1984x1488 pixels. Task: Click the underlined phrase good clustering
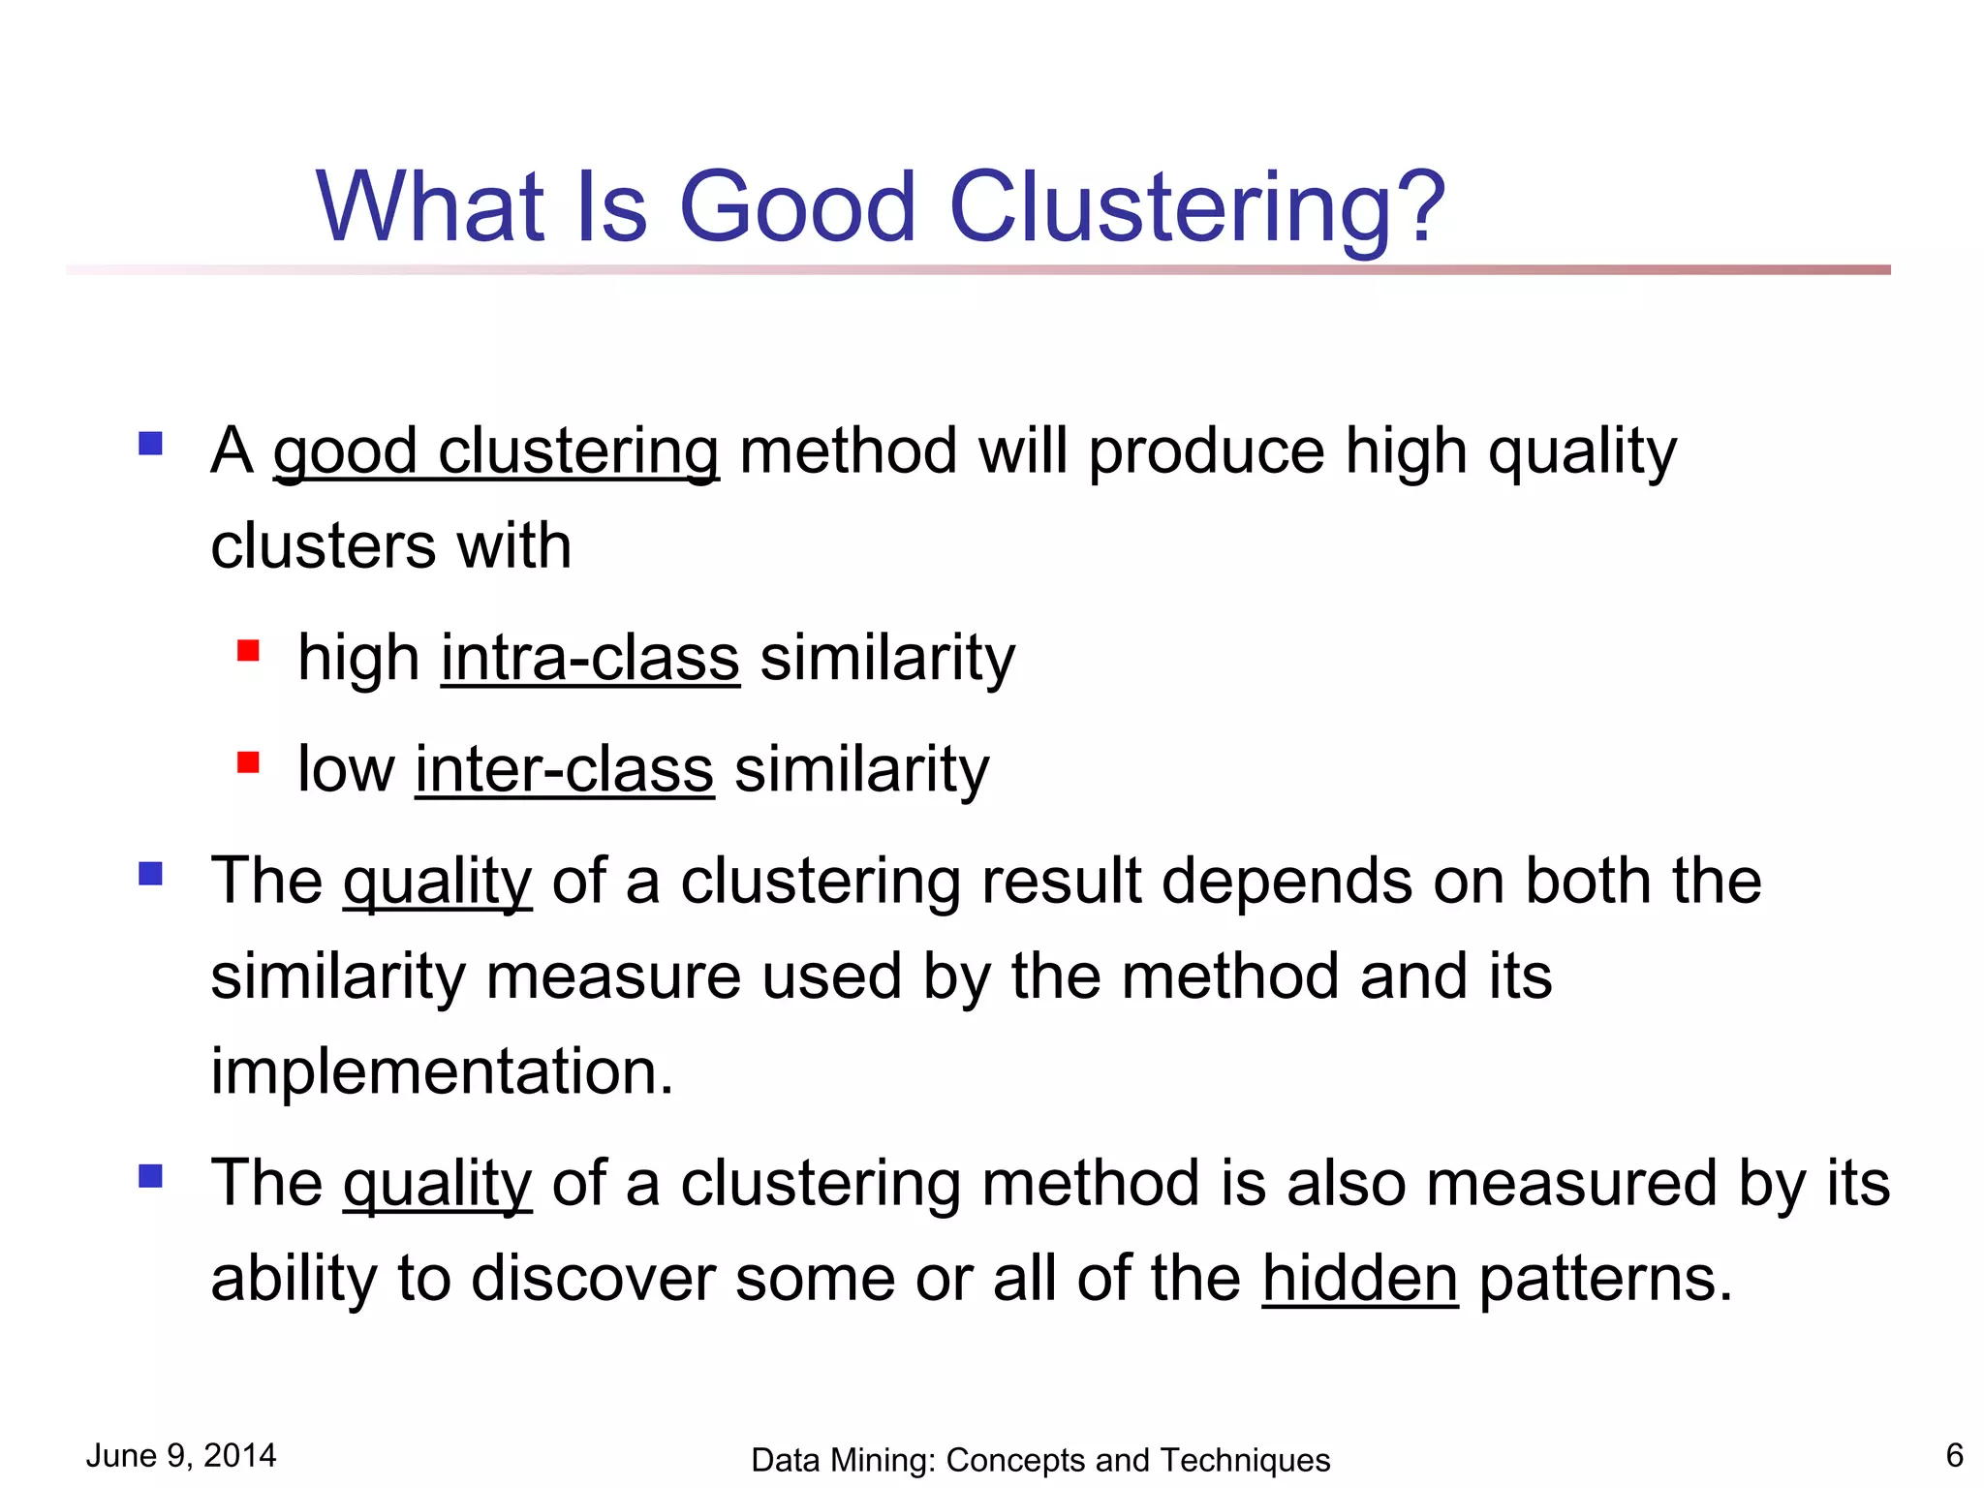tap(495, 452)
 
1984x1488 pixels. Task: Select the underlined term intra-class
tap(590, 659)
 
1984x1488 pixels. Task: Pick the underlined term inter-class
tap(564, 770)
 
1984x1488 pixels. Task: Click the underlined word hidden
tap(1359, 1279)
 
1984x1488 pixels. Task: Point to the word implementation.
tap(442, 1072)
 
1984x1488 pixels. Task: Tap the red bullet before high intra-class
tap(248, 650)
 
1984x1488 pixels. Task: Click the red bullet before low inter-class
tap(248, 762)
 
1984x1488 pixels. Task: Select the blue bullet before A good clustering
tap(150, 444)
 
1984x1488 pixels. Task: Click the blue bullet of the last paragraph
tap(150, 1176)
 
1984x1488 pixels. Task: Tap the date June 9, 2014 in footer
tap(181, 1455)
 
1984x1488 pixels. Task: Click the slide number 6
tap(1954, 1455)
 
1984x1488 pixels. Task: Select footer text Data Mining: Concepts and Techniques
tap(1040, 1460)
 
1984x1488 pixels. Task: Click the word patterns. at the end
tap(1605, 1279)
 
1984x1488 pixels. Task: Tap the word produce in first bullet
tap(1206, 452)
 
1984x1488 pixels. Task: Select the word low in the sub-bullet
tap(346, 770)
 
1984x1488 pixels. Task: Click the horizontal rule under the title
tap(978, 269)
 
